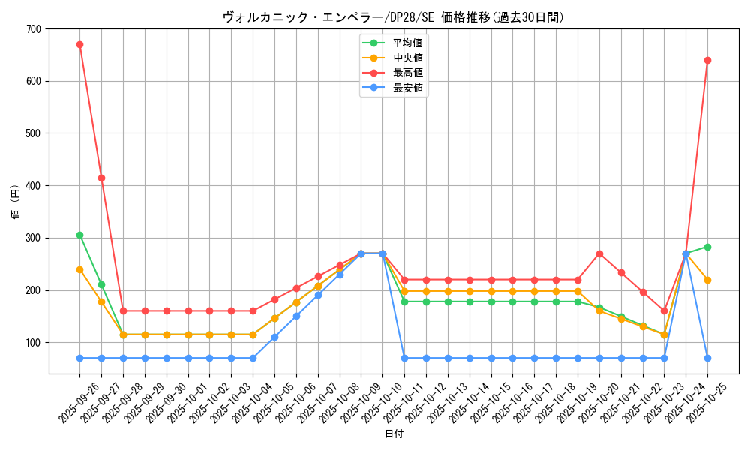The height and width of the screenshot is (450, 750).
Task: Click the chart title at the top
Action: pos(393,17)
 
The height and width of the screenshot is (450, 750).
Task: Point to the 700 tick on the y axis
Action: pos(34,29)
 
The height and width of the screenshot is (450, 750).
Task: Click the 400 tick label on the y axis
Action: pos(34,186)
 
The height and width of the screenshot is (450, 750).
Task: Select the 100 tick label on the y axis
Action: pos(34,343)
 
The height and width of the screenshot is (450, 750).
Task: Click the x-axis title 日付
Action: pos(394,434)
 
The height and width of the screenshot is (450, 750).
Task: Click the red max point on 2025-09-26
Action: pos(79,44)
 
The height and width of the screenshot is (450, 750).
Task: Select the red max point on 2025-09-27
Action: pos(101,178)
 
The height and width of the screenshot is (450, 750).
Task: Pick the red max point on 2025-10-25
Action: pos(707,60)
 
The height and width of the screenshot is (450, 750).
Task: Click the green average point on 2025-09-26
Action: pos(79,235)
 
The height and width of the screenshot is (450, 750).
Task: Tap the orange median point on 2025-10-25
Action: pos(707,280)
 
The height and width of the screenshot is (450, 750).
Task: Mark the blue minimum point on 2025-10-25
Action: pos(707,358)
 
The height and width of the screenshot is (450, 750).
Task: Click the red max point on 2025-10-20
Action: pos(599,253)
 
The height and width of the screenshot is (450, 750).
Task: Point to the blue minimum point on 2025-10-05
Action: pos(274,337)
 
